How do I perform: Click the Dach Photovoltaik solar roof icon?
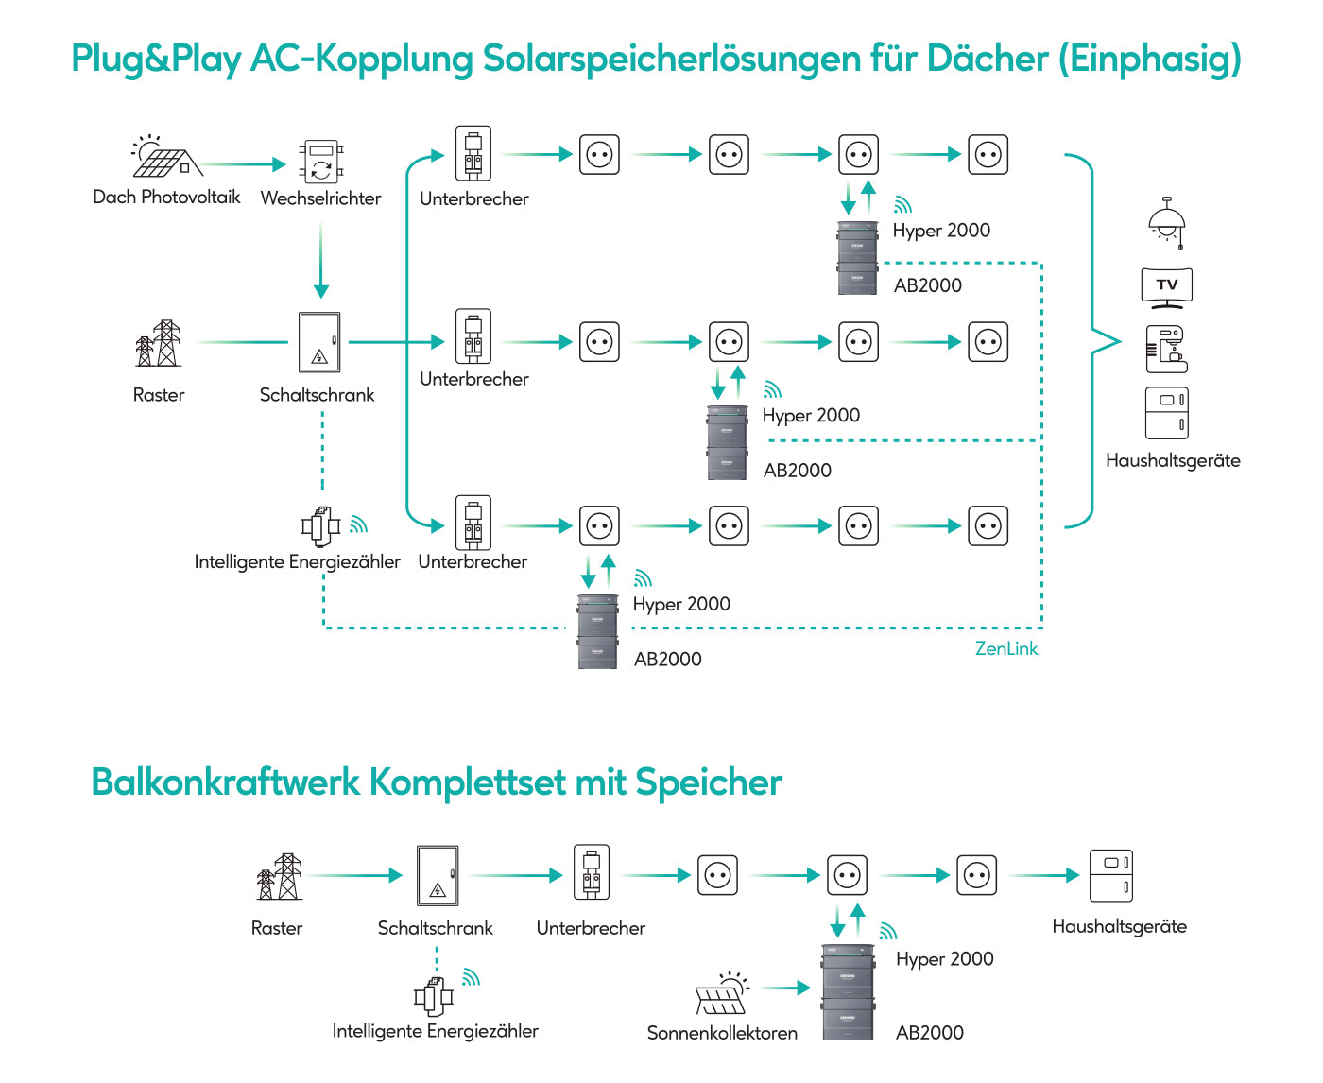click(x=166, y=157)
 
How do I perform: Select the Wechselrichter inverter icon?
click(x=320, y=162)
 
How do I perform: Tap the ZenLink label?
click(x=1005, y=648)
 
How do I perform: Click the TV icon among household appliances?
click(x=1167, y=287)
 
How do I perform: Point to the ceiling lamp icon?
click(x=1167, y=223)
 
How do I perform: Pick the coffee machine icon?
click(x=1167, y=349)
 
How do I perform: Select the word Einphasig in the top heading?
click(x=1149, y=59)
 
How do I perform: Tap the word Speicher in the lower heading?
click(x=709, y=782)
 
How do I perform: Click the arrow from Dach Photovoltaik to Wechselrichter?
click(x=244, y=164)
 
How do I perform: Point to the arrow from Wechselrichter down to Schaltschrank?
click(x=320, y=260)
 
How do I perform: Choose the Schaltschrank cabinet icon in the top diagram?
click(x=318, y=342)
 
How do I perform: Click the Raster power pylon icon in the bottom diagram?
click(x=280, y=877)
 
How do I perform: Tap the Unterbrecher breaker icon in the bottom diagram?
click(x=591, y=872)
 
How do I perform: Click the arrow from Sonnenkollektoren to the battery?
click(x=784, y=988)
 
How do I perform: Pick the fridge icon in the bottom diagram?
click(x=1111, y=876)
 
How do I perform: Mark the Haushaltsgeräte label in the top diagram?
click(x=1173, y=461)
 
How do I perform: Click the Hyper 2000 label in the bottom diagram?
click(x=944, y=959)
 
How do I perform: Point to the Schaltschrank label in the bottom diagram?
click(x=435, y=928)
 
